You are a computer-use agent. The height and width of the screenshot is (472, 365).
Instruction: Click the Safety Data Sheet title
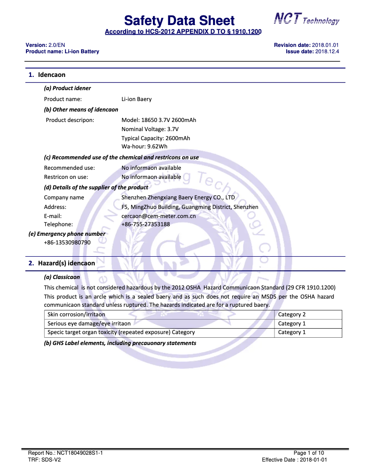(179, 20)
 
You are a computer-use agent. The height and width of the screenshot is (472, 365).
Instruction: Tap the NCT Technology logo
(306, 19)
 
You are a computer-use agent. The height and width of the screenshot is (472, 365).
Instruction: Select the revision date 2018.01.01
(325, 45)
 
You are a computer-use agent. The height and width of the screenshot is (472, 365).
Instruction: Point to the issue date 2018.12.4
(327, 51)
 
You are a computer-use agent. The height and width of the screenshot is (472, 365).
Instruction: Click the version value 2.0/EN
(59, 45)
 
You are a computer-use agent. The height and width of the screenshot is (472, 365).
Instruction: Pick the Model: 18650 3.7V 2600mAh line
(159, 120)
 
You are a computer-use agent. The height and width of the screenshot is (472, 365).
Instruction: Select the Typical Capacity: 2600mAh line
(156, 138)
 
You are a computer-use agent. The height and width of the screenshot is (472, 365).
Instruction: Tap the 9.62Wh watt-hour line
(144, 147)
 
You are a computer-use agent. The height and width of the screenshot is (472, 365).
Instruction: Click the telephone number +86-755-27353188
(146, 224)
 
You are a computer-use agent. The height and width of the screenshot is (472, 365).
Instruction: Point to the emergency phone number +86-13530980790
(67, 242)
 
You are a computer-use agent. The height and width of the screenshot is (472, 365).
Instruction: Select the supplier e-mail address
(158, 216)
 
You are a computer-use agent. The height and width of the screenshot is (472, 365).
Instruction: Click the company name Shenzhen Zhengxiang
(178, 198)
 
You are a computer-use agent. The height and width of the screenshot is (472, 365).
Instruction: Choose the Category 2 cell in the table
(292, 315)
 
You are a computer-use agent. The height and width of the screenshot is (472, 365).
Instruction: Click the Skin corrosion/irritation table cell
(76, 315)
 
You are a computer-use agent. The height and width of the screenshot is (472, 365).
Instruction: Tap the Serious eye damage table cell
(89, 324)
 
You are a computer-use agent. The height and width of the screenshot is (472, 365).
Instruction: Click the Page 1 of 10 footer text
(309, 453)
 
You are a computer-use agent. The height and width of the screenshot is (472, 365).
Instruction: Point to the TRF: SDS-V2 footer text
(45, 460)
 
